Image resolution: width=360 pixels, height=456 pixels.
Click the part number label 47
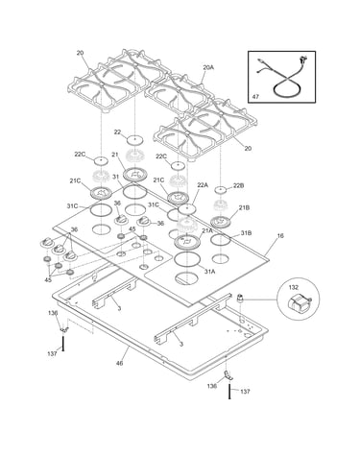pos(255,96)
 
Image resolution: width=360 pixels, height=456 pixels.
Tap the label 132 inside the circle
pos(294,287)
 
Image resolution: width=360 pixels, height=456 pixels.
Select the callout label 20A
pos(208,67)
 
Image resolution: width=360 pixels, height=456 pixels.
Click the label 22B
pos(238,185)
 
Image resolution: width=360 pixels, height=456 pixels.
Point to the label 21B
pos(244,208)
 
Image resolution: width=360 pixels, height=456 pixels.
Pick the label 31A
pos(209,272)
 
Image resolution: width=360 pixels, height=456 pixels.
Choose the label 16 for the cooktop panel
pos(280,236)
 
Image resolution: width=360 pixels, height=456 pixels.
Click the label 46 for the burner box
pos(119,363)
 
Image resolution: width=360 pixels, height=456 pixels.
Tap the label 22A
pos(203,185)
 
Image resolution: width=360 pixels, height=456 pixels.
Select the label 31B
pos(246,233)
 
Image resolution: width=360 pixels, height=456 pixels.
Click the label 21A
pos(207,230)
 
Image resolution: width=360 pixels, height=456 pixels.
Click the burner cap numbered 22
pos(134,139)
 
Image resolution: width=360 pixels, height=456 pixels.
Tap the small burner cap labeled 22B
pos(220,190)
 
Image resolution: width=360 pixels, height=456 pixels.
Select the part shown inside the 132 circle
pos(299,303)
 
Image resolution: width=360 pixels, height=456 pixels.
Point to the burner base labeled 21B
pos(221,221)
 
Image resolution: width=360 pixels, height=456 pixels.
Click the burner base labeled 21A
pos(187,241)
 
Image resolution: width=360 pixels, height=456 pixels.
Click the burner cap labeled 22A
pos(187,209)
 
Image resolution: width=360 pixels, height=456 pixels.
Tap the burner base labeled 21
pos(135,174)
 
